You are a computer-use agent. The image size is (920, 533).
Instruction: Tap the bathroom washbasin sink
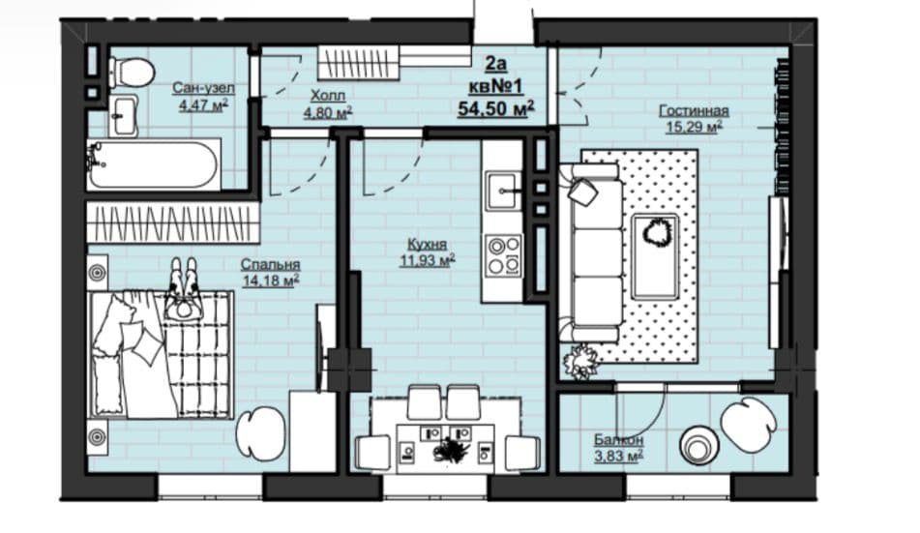(x=123, y=116)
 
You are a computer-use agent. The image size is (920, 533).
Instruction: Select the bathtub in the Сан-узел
(x=154, y=164)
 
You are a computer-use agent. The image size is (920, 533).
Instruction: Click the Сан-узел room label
(x=203, y=88)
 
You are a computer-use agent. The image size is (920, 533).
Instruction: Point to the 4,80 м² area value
(x=327, y=113)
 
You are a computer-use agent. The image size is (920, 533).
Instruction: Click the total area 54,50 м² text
(x=495, y=108)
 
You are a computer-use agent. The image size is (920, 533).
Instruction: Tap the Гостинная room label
(x=694, y=111)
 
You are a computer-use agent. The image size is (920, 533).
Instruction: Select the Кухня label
(x=428, y=244)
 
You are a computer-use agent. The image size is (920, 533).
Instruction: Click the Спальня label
(x=271, y=265)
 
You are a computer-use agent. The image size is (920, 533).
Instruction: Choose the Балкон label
(x=618, y=440)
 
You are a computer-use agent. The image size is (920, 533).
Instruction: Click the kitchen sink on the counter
(x=502, y=191)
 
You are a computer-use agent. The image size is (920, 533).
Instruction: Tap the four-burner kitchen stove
(x=503, y=254)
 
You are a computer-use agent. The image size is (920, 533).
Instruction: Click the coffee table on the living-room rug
(x=655, y=256)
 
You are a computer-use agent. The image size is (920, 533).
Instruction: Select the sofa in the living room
(x=590, y=252)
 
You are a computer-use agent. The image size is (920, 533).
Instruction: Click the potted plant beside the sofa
(x=580, y=361)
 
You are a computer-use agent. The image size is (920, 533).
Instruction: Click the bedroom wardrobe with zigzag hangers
(x=173, y=222)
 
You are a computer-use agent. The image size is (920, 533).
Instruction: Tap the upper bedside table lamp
(x=98, y=273)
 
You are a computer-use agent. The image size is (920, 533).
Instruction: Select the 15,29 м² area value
(x=694, y=126)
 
